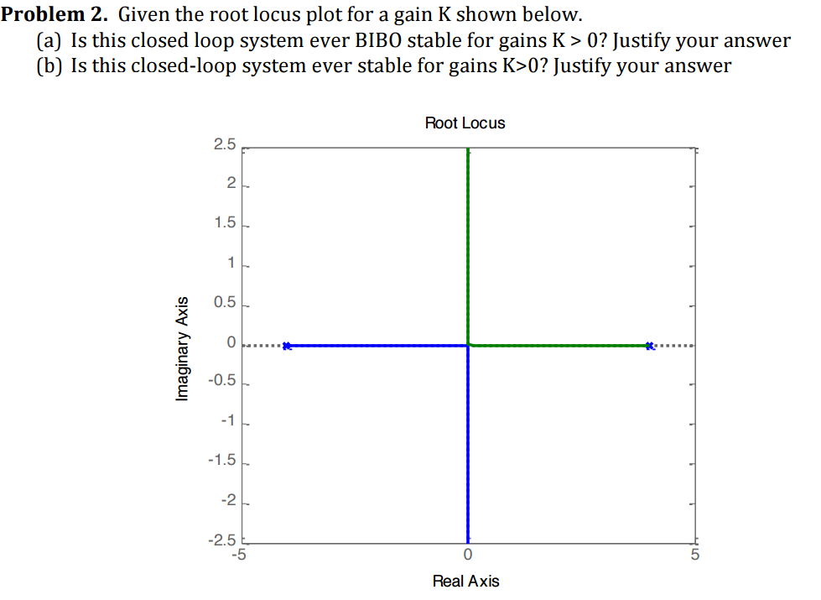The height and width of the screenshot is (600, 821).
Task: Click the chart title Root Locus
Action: click(465, 123)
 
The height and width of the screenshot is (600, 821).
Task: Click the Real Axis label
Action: click(465, 581)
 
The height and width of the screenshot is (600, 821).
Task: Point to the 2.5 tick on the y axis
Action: click(225, 144)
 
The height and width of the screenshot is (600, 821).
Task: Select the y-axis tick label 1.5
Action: click(225, 224)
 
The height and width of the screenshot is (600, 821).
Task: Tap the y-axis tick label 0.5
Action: click(225, 304)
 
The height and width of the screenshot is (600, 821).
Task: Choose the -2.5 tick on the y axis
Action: click(223, 540)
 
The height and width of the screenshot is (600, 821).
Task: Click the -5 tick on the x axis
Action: click(239, 554)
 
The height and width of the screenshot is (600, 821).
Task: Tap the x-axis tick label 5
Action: click(694, 555)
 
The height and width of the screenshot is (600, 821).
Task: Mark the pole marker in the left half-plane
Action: click(287, 346)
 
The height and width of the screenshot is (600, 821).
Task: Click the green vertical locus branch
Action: click(468, 243)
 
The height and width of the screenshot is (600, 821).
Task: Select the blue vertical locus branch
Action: click(468, 445)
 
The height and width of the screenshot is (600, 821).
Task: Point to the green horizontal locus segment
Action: click(558, 345)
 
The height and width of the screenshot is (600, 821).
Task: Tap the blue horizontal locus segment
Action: click(377, 345)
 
